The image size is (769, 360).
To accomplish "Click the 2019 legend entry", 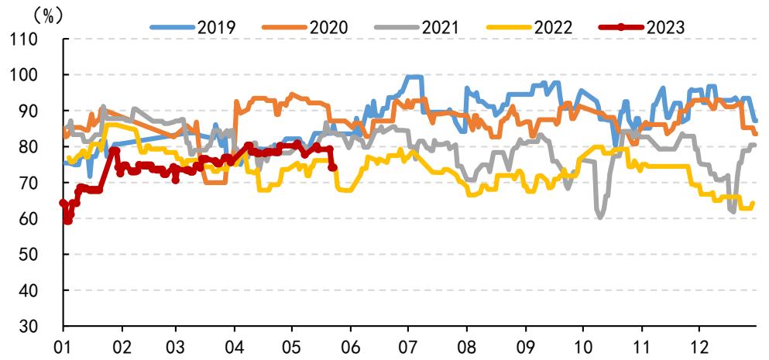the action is (193, 27).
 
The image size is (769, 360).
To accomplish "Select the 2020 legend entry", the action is (304, 27).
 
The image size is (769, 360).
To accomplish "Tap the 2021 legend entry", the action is (416, 27).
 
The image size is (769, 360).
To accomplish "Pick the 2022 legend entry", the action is (529, 27).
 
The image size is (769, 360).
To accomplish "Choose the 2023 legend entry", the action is (640, 27).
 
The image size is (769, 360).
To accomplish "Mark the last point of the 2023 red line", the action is (332, 168).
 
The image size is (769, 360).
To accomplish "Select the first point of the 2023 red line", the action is (63, 203).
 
